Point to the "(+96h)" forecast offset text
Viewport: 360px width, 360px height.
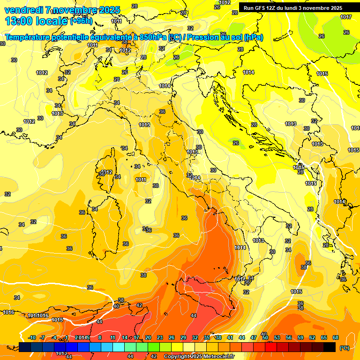pyautogui.click(x=82, y=21)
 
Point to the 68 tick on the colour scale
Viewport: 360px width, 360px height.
pyautogui.click(x=336, y=337)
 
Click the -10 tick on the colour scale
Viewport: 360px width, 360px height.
pyautogui.click(x=32, y=337)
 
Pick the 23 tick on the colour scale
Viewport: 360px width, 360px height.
pyautogui.click(x=160, y=337)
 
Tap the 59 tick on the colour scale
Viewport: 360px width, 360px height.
pyautogui.click(x=300, y=337)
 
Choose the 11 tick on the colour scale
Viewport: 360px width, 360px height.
pyautogui.click(x=112, y=337)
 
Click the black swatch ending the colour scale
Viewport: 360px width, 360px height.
pyautogui.click(x=330, y=347)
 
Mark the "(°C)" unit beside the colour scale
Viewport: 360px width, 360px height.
pyautogui.click(x=345, y=347)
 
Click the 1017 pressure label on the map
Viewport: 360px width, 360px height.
pyautogui.click(x=346, y=17)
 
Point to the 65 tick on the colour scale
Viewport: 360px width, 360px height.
pyautogui.click(x=324, y=337)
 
